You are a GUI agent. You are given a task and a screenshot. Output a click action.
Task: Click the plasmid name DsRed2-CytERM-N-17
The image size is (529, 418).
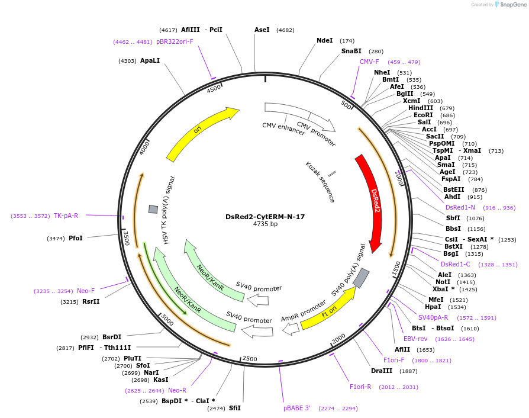click(265, 217)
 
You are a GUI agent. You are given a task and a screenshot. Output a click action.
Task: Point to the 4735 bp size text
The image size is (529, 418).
click(265, 224)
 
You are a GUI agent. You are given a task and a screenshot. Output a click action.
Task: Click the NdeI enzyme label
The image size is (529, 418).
click(324, 41)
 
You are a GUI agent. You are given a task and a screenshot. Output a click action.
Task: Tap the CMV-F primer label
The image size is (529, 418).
click(369, 62)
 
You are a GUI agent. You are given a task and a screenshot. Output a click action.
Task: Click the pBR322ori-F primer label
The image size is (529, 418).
click(175, 41)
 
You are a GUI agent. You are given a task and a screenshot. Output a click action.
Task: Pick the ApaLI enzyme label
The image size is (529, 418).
click(150, 60)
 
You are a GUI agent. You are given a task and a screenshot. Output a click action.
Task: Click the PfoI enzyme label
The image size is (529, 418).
click(75, 238)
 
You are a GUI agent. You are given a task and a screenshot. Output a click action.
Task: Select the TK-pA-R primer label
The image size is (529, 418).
click(66, 216)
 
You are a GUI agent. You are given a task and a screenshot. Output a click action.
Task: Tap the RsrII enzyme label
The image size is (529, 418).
click(91, 302)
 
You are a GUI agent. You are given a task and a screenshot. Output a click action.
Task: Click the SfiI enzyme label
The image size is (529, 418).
click(235, 408)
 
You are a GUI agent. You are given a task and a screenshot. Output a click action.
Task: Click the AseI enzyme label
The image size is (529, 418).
click(262, 30)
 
